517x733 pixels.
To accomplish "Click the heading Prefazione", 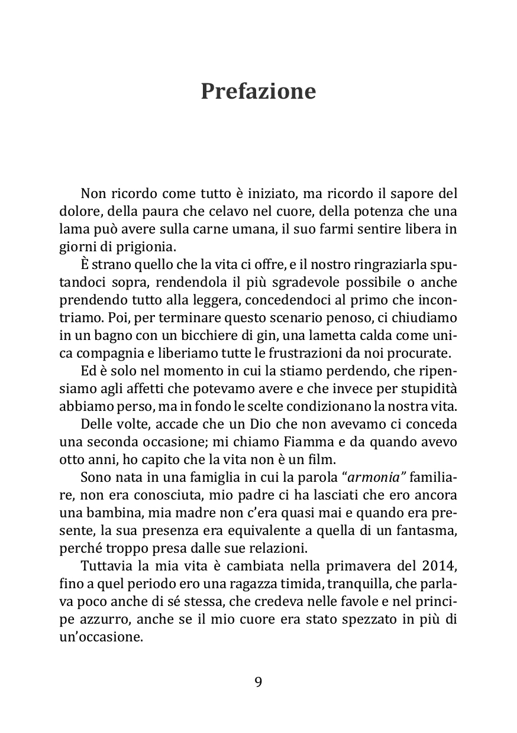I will pyautogui.click(x=258, y=92).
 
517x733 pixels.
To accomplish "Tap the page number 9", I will pyautogui.click(x=258, y=682).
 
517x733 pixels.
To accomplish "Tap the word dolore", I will pyautogui.click(x=81, y=211).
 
